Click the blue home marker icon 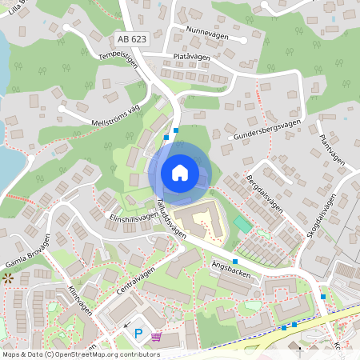coord(179,172)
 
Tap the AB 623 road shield coord(132,38)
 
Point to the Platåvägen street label coord(191,58)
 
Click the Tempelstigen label coord(118,61)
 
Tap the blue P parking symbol coord(139,334)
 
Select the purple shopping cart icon coord(156,336)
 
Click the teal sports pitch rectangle coord(242,223)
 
